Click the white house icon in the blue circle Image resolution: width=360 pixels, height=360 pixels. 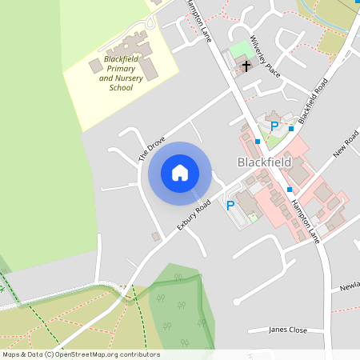click(180, 172)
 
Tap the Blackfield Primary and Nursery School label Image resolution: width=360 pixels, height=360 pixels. click(116, 73)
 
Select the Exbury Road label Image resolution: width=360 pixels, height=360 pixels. click(194, 216)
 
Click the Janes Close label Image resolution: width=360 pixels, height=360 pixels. click(288, 330)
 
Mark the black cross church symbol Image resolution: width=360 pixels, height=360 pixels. click(246, 66)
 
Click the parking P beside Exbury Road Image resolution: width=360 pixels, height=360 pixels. click(230, 206)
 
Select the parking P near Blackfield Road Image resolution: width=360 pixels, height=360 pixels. click(274, 126)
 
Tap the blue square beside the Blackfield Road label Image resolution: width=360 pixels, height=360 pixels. click(291, 128)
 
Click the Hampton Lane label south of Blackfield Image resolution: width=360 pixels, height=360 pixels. click(306, 217)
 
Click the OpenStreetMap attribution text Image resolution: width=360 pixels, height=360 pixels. click(80, 354)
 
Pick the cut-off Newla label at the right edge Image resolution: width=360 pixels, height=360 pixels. click(349, 286)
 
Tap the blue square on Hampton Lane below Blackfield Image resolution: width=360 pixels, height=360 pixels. click(289, 189)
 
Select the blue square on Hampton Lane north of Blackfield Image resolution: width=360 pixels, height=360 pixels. click(258, 142)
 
